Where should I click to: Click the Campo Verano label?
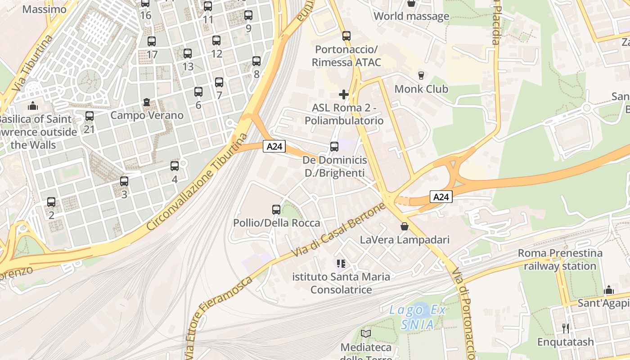coord(147,115)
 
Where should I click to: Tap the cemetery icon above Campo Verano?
coord(147,103)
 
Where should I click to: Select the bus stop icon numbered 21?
coord(90,116)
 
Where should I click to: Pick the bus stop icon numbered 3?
coord(124,181)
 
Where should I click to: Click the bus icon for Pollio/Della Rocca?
coord(276,210)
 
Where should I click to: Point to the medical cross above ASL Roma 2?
coord(344,94)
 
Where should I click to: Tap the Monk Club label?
coord(421,89)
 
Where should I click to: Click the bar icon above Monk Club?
coord(421,75)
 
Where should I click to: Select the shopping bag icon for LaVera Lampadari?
coord(405,226)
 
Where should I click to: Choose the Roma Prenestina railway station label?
coord(560,260)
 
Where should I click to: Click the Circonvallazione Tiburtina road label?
coord(198,182)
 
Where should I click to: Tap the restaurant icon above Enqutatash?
coord(566,328)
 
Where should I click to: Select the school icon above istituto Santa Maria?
coord(341,263)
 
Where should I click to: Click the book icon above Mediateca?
coord(366,333)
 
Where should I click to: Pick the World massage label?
coord(411,17)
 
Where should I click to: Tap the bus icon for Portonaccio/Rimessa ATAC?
coord(346,36)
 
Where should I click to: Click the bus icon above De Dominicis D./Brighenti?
coord(334,146)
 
